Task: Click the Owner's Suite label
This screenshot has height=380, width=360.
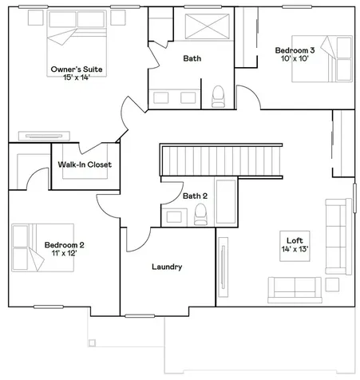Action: [77, 69]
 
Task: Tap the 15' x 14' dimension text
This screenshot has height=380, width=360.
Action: [77, 77]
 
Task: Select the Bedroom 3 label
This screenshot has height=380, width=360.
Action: [295, 50]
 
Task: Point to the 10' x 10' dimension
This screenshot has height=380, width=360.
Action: [295, 58]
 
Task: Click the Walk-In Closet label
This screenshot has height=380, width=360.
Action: [85, 164]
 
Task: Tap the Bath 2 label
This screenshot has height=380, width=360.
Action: [195, 196]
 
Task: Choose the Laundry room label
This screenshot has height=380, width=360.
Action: [167, 267]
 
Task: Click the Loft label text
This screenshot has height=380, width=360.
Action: [295, 240]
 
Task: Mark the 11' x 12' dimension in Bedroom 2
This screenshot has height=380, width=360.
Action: [64, 253]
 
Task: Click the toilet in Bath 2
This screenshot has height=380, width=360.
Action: [200, 215]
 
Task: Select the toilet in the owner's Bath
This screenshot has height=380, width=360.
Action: [218, 97]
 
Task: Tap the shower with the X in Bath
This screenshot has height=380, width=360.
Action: [207, 26]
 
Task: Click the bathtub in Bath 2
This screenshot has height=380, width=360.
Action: [226, 202]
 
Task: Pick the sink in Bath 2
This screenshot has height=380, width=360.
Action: [174, 217]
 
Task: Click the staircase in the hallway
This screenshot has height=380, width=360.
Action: [221, 160]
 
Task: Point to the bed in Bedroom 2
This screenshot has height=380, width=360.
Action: [42, 247]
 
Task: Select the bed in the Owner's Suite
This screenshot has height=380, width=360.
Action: [77, 43]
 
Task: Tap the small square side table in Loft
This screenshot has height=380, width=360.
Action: [332, 284]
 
